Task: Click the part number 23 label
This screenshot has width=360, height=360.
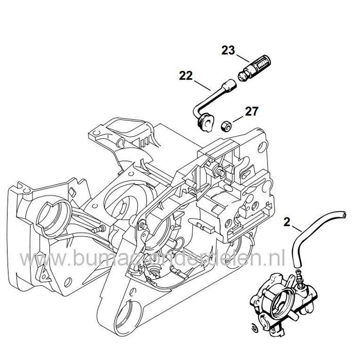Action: (228, 50)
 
